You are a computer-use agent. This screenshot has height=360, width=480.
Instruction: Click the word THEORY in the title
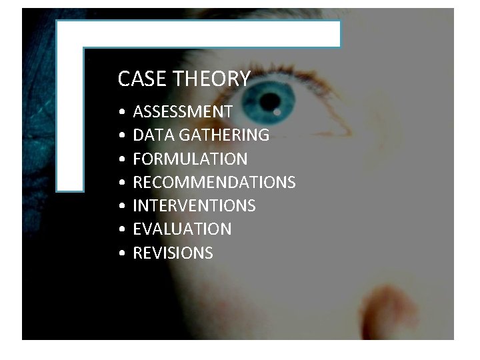(x=211, y=79)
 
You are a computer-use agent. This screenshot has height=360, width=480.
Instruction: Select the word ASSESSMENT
(x=183, y=111)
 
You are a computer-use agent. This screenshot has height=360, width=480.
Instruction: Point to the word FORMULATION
(x=190, y=159)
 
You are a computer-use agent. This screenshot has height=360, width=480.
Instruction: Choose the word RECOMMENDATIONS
(x=214, y=183)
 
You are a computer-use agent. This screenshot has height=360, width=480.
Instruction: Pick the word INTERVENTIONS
(x=194, y=206)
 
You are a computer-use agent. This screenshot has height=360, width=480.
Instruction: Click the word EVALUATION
(x=182, y=229)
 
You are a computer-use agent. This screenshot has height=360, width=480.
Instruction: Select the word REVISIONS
(x=173, y=253)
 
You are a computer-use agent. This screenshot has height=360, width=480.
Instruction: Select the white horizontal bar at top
(x=200, y=33)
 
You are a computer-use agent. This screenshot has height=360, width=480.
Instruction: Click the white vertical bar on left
(x=69, y=113)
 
